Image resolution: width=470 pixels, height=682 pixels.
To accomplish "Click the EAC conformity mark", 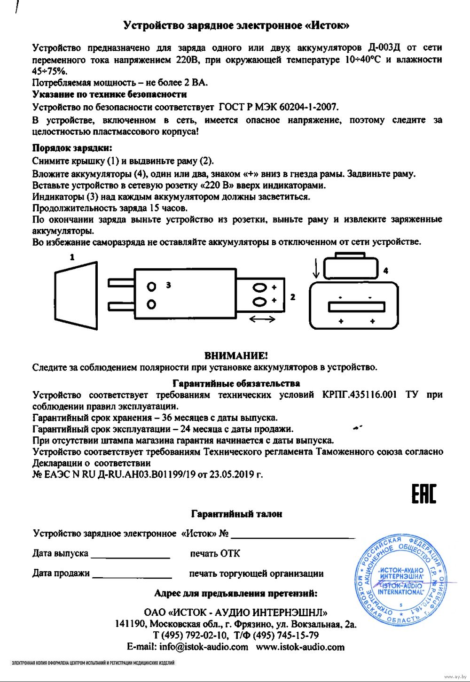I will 423,494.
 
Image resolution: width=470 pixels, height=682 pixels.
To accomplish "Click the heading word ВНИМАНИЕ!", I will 236,356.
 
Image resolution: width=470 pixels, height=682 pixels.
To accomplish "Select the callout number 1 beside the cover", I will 72,257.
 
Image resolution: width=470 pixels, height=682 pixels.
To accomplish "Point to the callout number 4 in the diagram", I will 385,271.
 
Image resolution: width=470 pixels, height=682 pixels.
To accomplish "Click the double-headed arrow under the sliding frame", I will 262,319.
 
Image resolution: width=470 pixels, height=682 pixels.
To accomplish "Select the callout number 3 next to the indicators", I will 168,285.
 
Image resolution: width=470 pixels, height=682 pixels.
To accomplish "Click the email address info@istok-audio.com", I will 204,647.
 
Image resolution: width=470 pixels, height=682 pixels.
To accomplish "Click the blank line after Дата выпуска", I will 130,557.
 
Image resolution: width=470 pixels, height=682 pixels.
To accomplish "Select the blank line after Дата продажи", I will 132,577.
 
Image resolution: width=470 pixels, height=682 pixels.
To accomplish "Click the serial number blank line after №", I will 292,537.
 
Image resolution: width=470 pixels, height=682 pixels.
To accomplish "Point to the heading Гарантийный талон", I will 236,514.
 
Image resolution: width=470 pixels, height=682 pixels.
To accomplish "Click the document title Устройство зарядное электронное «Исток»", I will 236,25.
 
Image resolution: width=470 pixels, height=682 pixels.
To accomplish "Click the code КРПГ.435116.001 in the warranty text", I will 360,395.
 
